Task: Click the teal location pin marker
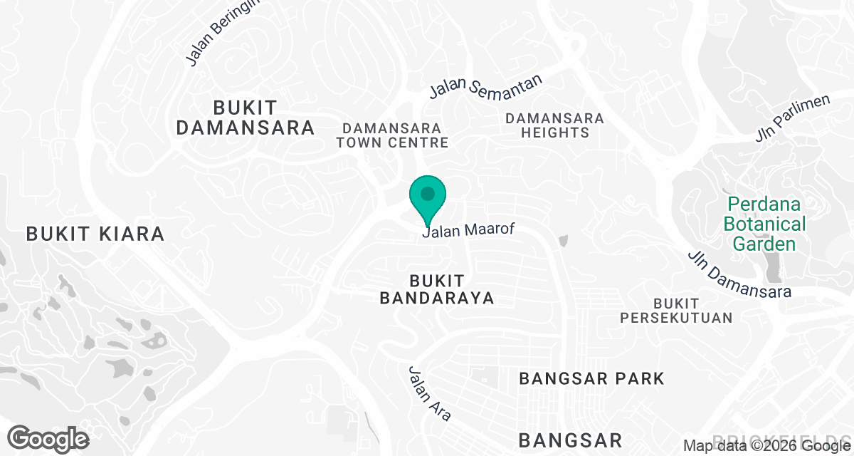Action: pyautogui.click(x=427, y=199)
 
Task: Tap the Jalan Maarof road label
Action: pyautogui.click(x=468, y=230)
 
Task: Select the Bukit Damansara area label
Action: pyautogui.click(x=245, y=118)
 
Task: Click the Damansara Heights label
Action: pyautogui.click(x=554, y=125)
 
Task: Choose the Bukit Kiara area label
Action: pyautogui.click(x=95, y=233)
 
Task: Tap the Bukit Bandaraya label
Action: pyautogui.click(x=437, y=289)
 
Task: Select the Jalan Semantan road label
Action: pyautogui.click(x=486, y=86)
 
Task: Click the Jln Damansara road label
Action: pyautogui.click(x=739, y=275)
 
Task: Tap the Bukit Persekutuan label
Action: pyautogui.click(x=675, y=311)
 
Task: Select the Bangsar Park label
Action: pyautogui.click(x=591, y=378)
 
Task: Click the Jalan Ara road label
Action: pyautogui.click(x=429, y=393)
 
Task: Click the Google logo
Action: pyautogui.click(x=48, y=438)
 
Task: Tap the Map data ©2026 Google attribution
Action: pyautogui.click(x=761, y=446)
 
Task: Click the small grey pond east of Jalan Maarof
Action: pyautogui.click(x=564, y=242)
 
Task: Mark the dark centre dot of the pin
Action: pyautogui.click(x=427, y=193)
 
